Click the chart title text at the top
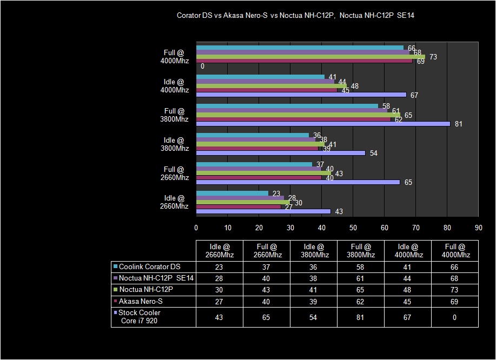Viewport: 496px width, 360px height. click(x=295, y=16)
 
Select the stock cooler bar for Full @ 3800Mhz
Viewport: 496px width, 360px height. click(x=323, y=124)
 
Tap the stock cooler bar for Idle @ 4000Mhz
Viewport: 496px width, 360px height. click(x=301, y=95)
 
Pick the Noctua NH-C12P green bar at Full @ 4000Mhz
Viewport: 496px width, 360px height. click(x=310, y=57)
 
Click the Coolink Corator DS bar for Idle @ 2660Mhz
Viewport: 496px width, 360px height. click(x=232, y=193)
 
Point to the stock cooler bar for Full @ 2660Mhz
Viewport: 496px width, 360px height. click(x=298, y=182)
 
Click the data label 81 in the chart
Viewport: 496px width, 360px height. click(x=458, y=124)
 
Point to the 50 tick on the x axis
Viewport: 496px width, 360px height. click(x=353, y=227)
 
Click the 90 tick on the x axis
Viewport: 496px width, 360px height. click(x=478, y=227)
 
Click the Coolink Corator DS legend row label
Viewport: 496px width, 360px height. click(x=149, y=266)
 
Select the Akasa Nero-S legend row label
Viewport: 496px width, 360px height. click(x=141, y=301)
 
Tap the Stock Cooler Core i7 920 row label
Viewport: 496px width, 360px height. click(x=140, y=317)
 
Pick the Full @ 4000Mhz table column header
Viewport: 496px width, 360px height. click(x=454, y=251)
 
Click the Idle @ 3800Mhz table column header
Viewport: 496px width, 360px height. click(x=314, y=251)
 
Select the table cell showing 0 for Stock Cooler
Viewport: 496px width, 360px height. click(x=454, y=317)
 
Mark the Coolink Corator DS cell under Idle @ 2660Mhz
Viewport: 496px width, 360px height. click(x=219, y=266)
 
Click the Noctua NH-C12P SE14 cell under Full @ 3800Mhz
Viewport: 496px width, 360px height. click(x=360, y=278)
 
